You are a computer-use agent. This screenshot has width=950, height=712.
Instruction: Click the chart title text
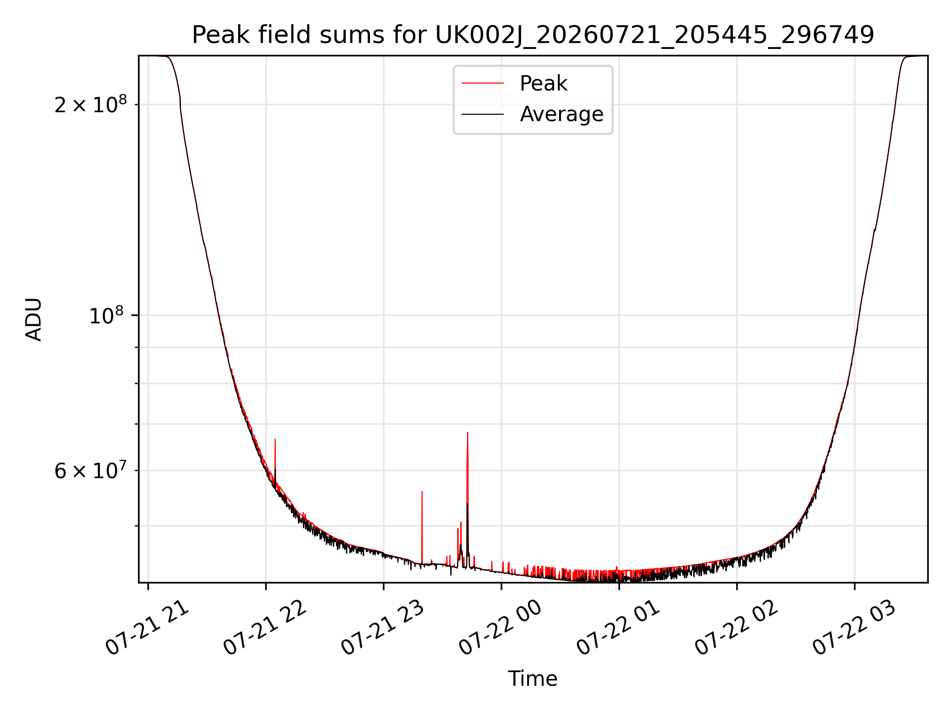(x=533, y=35)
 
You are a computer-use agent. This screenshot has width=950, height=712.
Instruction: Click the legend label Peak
(x=543, y=84)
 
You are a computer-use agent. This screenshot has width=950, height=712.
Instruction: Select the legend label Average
(x=562, y=114)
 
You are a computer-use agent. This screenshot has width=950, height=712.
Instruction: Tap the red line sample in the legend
(x=482, y=84)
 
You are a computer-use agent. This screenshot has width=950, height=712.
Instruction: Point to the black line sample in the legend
(x=482, y=114)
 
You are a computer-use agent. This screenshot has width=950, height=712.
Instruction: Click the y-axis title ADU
(x=34, y=319)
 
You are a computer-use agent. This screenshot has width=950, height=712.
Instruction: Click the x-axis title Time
(x=533, y=679)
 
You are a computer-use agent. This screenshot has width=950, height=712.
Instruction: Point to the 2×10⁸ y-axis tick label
(x=91, y=104)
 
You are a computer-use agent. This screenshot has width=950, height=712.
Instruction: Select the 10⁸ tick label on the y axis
(x=108, y=315)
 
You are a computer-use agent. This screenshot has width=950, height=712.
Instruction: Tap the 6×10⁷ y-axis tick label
(x=91, y=470)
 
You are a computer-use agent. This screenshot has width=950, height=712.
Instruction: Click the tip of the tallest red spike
(x=468, y=433)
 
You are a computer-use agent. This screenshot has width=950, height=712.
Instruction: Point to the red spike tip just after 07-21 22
(x=275, y=439)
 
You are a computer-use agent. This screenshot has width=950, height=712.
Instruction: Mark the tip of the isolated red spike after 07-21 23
(x=422, y=491)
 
